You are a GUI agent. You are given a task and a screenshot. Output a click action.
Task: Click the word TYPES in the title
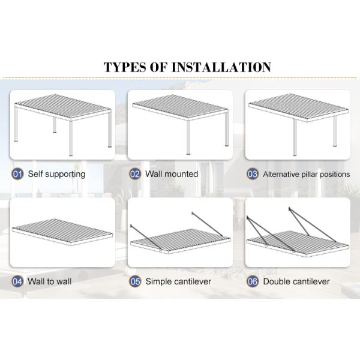tap(124, 67)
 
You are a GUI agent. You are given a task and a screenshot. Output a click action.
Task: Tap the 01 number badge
tap(18, 174)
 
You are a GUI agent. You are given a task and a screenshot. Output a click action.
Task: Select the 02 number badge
tap(135, 174)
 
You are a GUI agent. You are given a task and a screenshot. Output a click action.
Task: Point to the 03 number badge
tap(253, 174)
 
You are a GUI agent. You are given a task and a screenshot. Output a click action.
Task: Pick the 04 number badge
tap(18, 281)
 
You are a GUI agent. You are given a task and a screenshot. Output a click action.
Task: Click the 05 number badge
tap(135, 281)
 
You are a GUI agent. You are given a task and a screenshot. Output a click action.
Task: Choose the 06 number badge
tap(253, 281)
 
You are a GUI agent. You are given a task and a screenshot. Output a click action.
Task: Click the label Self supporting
tap(56, 174)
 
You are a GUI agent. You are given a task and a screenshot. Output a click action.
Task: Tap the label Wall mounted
tap(172, 174)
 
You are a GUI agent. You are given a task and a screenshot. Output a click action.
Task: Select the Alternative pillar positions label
tap(306, 175)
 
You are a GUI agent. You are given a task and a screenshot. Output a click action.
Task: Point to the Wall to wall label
tap(50, 281)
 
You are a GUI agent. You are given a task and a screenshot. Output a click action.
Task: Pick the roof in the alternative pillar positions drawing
tap(298, 107)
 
